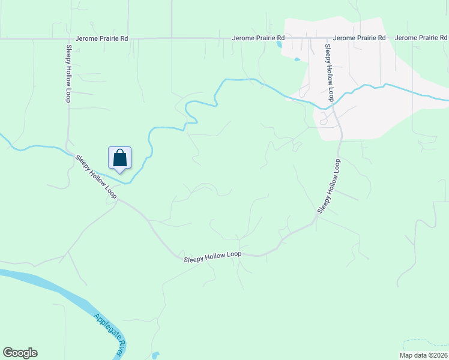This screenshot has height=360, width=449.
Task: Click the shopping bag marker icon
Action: click(x=120, y=158)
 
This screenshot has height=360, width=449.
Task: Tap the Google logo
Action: click(x=20, y=353)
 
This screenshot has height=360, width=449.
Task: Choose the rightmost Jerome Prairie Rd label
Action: click(x=422, y=38)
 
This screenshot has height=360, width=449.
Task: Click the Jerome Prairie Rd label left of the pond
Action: click(x=258, y=38)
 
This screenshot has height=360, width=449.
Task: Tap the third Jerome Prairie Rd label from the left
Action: click(x=359, y=38)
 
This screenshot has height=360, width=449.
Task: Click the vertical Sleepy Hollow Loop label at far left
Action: click(x=68, y=73)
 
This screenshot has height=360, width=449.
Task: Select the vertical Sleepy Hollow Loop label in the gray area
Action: click(x=329, y=72)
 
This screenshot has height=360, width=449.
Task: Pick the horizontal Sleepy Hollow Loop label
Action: click(x=212, y=255)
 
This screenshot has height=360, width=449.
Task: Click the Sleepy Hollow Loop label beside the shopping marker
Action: click(x=95, y=176)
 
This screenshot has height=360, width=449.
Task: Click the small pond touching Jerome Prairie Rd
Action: click(x=279, y=44)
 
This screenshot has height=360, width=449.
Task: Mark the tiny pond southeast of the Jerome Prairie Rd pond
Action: click(x=297, y=59)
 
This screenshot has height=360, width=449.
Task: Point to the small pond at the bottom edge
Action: click(x=156, y=355)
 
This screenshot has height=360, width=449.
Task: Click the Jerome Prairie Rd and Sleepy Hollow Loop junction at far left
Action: click(x=67, y=38)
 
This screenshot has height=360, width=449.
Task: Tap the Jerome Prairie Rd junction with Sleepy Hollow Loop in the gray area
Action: click(x=325, y=38)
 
